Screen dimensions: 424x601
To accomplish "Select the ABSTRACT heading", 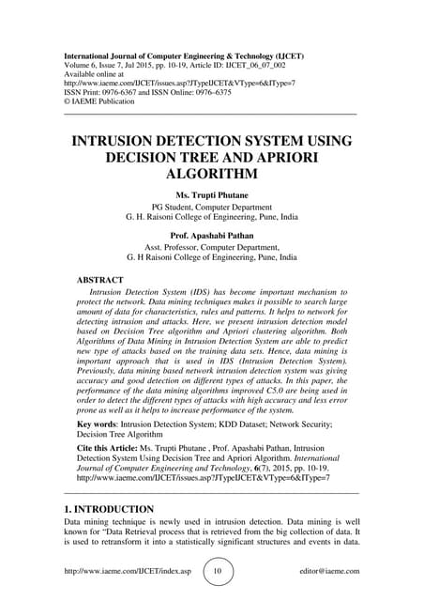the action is click(104, 279).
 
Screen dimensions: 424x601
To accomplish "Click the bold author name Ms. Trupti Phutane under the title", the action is click(211, 195).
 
